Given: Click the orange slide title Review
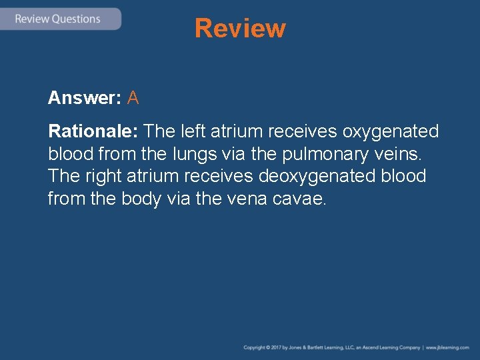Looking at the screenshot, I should point(240,29).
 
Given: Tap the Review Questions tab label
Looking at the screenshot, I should point(57,19).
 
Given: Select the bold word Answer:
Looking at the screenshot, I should point(84,98).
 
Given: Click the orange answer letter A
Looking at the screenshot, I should point(133,98).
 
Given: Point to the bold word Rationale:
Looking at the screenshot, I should point(93,131).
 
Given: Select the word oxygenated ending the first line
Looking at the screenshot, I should point(391,131).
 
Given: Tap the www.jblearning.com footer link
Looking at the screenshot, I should point(447,347).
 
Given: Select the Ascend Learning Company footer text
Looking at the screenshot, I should point(391,347).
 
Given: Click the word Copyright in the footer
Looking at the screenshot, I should point(254,347).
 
